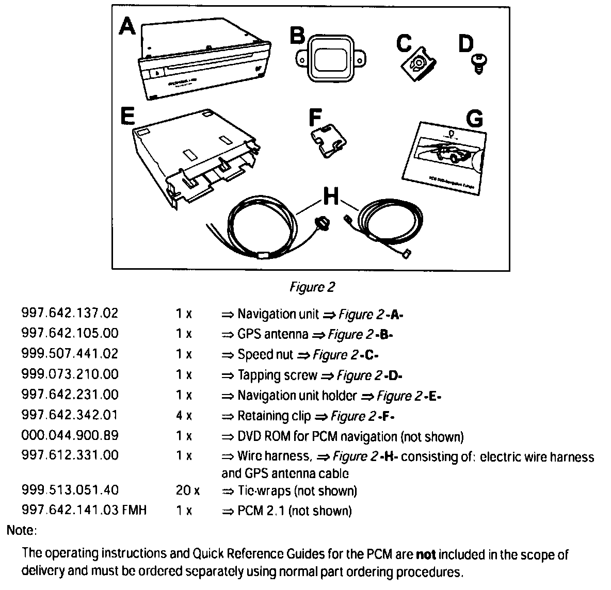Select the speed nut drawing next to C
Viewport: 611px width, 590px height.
click(419, 64)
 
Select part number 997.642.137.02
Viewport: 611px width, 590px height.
click(70, 313)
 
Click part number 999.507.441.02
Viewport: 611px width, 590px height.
click(70, 354)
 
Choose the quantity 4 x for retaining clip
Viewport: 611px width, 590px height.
click(183, 415)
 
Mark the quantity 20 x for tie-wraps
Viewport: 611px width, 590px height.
click(187, 490)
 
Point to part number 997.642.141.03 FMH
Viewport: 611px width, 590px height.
click(84, 511)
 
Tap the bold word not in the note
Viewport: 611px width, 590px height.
click(426, 555)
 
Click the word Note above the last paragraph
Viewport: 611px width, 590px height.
click(21, 530)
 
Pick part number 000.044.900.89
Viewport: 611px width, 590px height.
click(70, 435)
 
